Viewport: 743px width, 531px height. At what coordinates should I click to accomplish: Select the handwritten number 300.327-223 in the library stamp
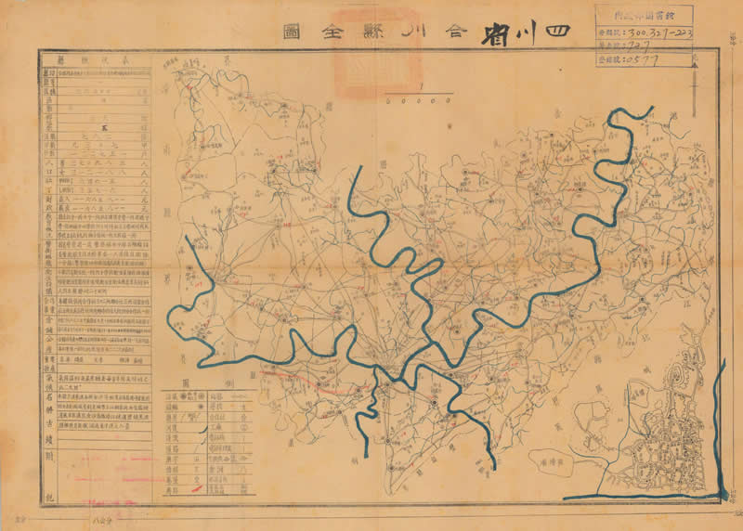655,32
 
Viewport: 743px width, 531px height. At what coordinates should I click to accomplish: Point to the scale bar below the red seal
422,92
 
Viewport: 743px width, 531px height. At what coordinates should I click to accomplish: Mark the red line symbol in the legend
196,487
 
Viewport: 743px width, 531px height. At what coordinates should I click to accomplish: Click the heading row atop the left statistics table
96,57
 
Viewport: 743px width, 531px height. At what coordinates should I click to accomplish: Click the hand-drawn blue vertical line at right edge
721,427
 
